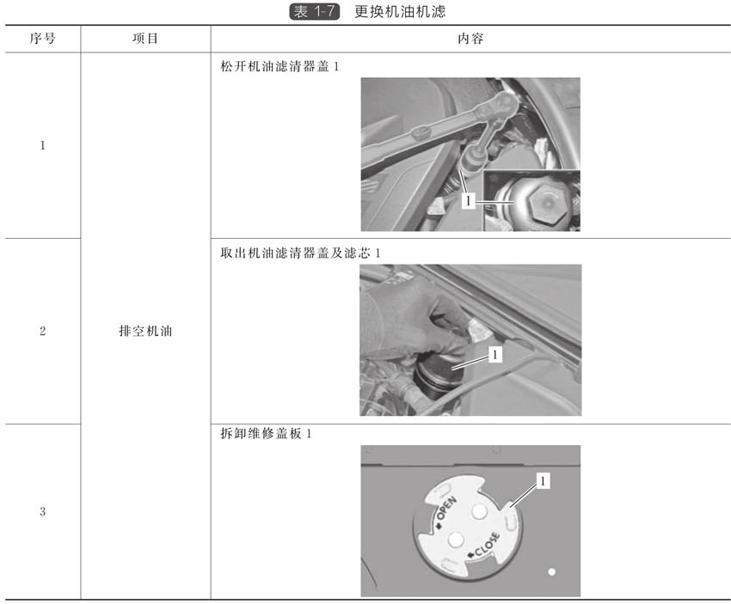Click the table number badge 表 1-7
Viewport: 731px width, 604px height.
pos(315,12)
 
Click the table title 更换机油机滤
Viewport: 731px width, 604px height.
pos(400,12)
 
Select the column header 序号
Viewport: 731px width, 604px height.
pos(42,38)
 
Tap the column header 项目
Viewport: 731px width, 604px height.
pos(145,38)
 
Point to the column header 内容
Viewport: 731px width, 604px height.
pos(470,38)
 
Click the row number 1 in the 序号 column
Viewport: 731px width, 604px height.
pos(42,145)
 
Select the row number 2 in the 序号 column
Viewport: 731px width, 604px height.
pos(42,331)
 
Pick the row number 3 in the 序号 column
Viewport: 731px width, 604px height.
pos(42,512)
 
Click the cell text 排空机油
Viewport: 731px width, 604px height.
pos(145,331)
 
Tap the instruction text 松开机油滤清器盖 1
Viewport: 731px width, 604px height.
pos(279,67)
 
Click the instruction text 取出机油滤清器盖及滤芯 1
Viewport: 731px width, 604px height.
pos(300,253)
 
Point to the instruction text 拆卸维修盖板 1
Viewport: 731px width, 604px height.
pos(266,434)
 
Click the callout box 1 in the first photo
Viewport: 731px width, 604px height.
pos(468,201)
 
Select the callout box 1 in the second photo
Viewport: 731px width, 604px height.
pos(494,354)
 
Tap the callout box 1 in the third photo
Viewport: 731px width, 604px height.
pos(542,480)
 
